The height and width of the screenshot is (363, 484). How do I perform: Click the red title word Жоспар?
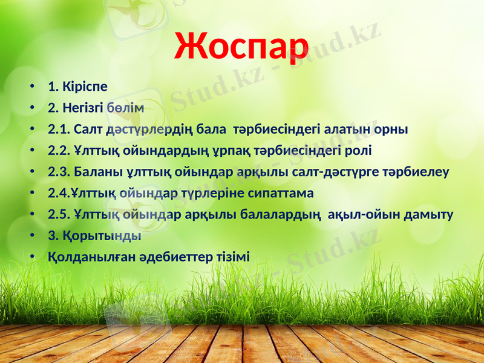tap(241, 45)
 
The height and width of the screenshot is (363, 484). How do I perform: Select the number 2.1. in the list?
tap(59, 129)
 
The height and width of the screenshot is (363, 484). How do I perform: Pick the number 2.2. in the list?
tap(59, 151)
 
